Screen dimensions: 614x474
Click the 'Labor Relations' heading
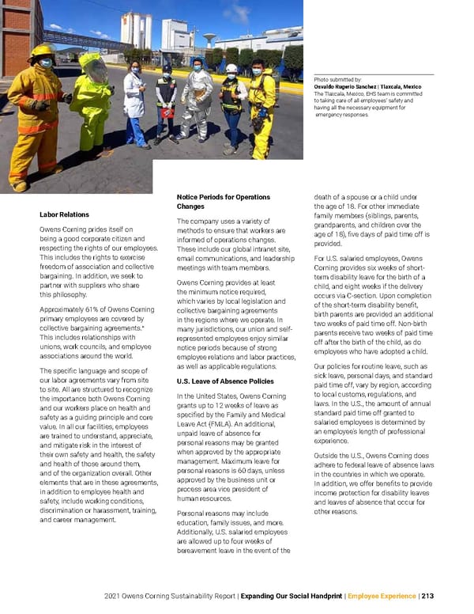click(64, 214)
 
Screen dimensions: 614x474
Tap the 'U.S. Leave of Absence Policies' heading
click(225, 381)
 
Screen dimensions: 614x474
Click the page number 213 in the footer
click(427, 596)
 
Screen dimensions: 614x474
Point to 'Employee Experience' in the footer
click(382, 596)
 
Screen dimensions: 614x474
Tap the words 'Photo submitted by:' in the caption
click(337, 80)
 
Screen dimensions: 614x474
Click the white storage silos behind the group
click(136, 30)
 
